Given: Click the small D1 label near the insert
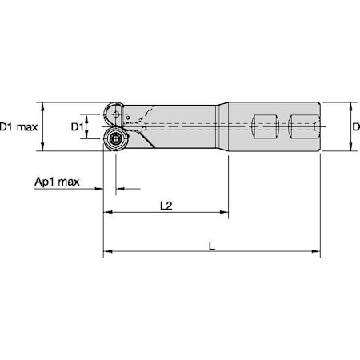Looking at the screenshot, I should pos(77,126).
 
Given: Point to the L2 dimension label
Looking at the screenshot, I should pos(166,206).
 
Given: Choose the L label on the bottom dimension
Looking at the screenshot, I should pos(211,246).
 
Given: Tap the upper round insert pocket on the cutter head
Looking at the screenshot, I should pos(114,112).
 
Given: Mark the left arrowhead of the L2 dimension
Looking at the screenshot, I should pos(106,214).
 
